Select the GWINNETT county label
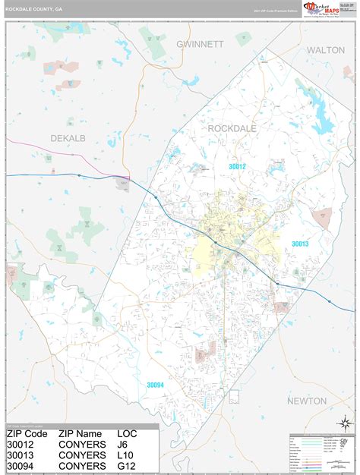pyautogui.click(x=200, y=44)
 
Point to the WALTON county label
pyautogui.click(x=326, y=49)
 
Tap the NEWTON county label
pyautogui.click(x=307, y=401)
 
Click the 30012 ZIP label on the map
pyautogui.click(x=238, y=166)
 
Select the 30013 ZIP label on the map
pyautogui.click(x=301, y=244)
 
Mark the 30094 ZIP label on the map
pyautogui.click(x=156, y=385)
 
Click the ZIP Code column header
pyautogui.click(x=27, y=434)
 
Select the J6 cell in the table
pyautogui.click(x=123, y=445)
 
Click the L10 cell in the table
pyautogui.click(x=125, y=456)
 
